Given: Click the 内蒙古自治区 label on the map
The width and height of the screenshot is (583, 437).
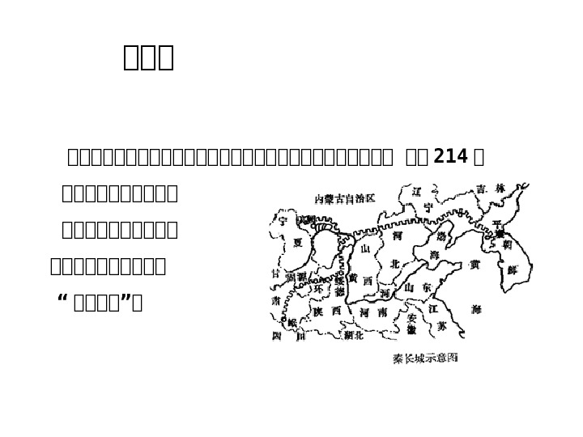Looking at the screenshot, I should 346,198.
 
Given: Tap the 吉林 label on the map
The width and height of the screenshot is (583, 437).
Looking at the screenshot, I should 492,188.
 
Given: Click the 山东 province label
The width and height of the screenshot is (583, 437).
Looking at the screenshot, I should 418,287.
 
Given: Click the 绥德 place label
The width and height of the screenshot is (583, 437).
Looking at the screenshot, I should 339,285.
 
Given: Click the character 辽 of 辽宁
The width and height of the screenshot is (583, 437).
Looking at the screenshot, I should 416,193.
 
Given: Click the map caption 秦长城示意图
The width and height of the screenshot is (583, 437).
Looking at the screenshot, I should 424,356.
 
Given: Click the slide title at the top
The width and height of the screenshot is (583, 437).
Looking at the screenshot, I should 149,58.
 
